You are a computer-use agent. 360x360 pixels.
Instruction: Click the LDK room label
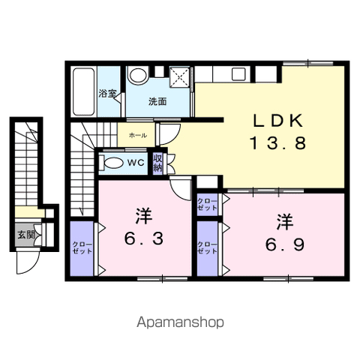point(278,121)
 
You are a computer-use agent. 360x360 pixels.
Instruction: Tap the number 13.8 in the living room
point(278,143)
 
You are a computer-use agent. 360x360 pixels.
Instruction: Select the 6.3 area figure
point(144,238)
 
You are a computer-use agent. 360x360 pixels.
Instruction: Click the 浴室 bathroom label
point(107,94)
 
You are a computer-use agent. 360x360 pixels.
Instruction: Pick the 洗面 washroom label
point(157,101)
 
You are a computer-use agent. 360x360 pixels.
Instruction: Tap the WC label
point(136,163)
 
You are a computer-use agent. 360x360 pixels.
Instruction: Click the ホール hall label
point(138,136)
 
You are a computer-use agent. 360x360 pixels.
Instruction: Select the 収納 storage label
point(157,163)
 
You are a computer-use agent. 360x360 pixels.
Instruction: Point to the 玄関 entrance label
point(26,235)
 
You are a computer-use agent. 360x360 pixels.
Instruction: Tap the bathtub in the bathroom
point(84,91)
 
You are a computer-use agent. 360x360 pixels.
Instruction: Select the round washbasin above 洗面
point(138,75)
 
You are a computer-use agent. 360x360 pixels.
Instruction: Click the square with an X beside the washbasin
point(179,76)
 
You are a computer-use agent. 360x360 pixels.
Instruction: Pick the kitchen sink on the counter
point(238,74)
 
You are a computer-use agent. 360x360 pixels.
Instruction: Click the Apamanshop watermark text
point(180,322)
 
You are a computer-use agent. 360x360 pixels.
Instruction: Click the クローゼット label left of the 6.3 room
point(82,247)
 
